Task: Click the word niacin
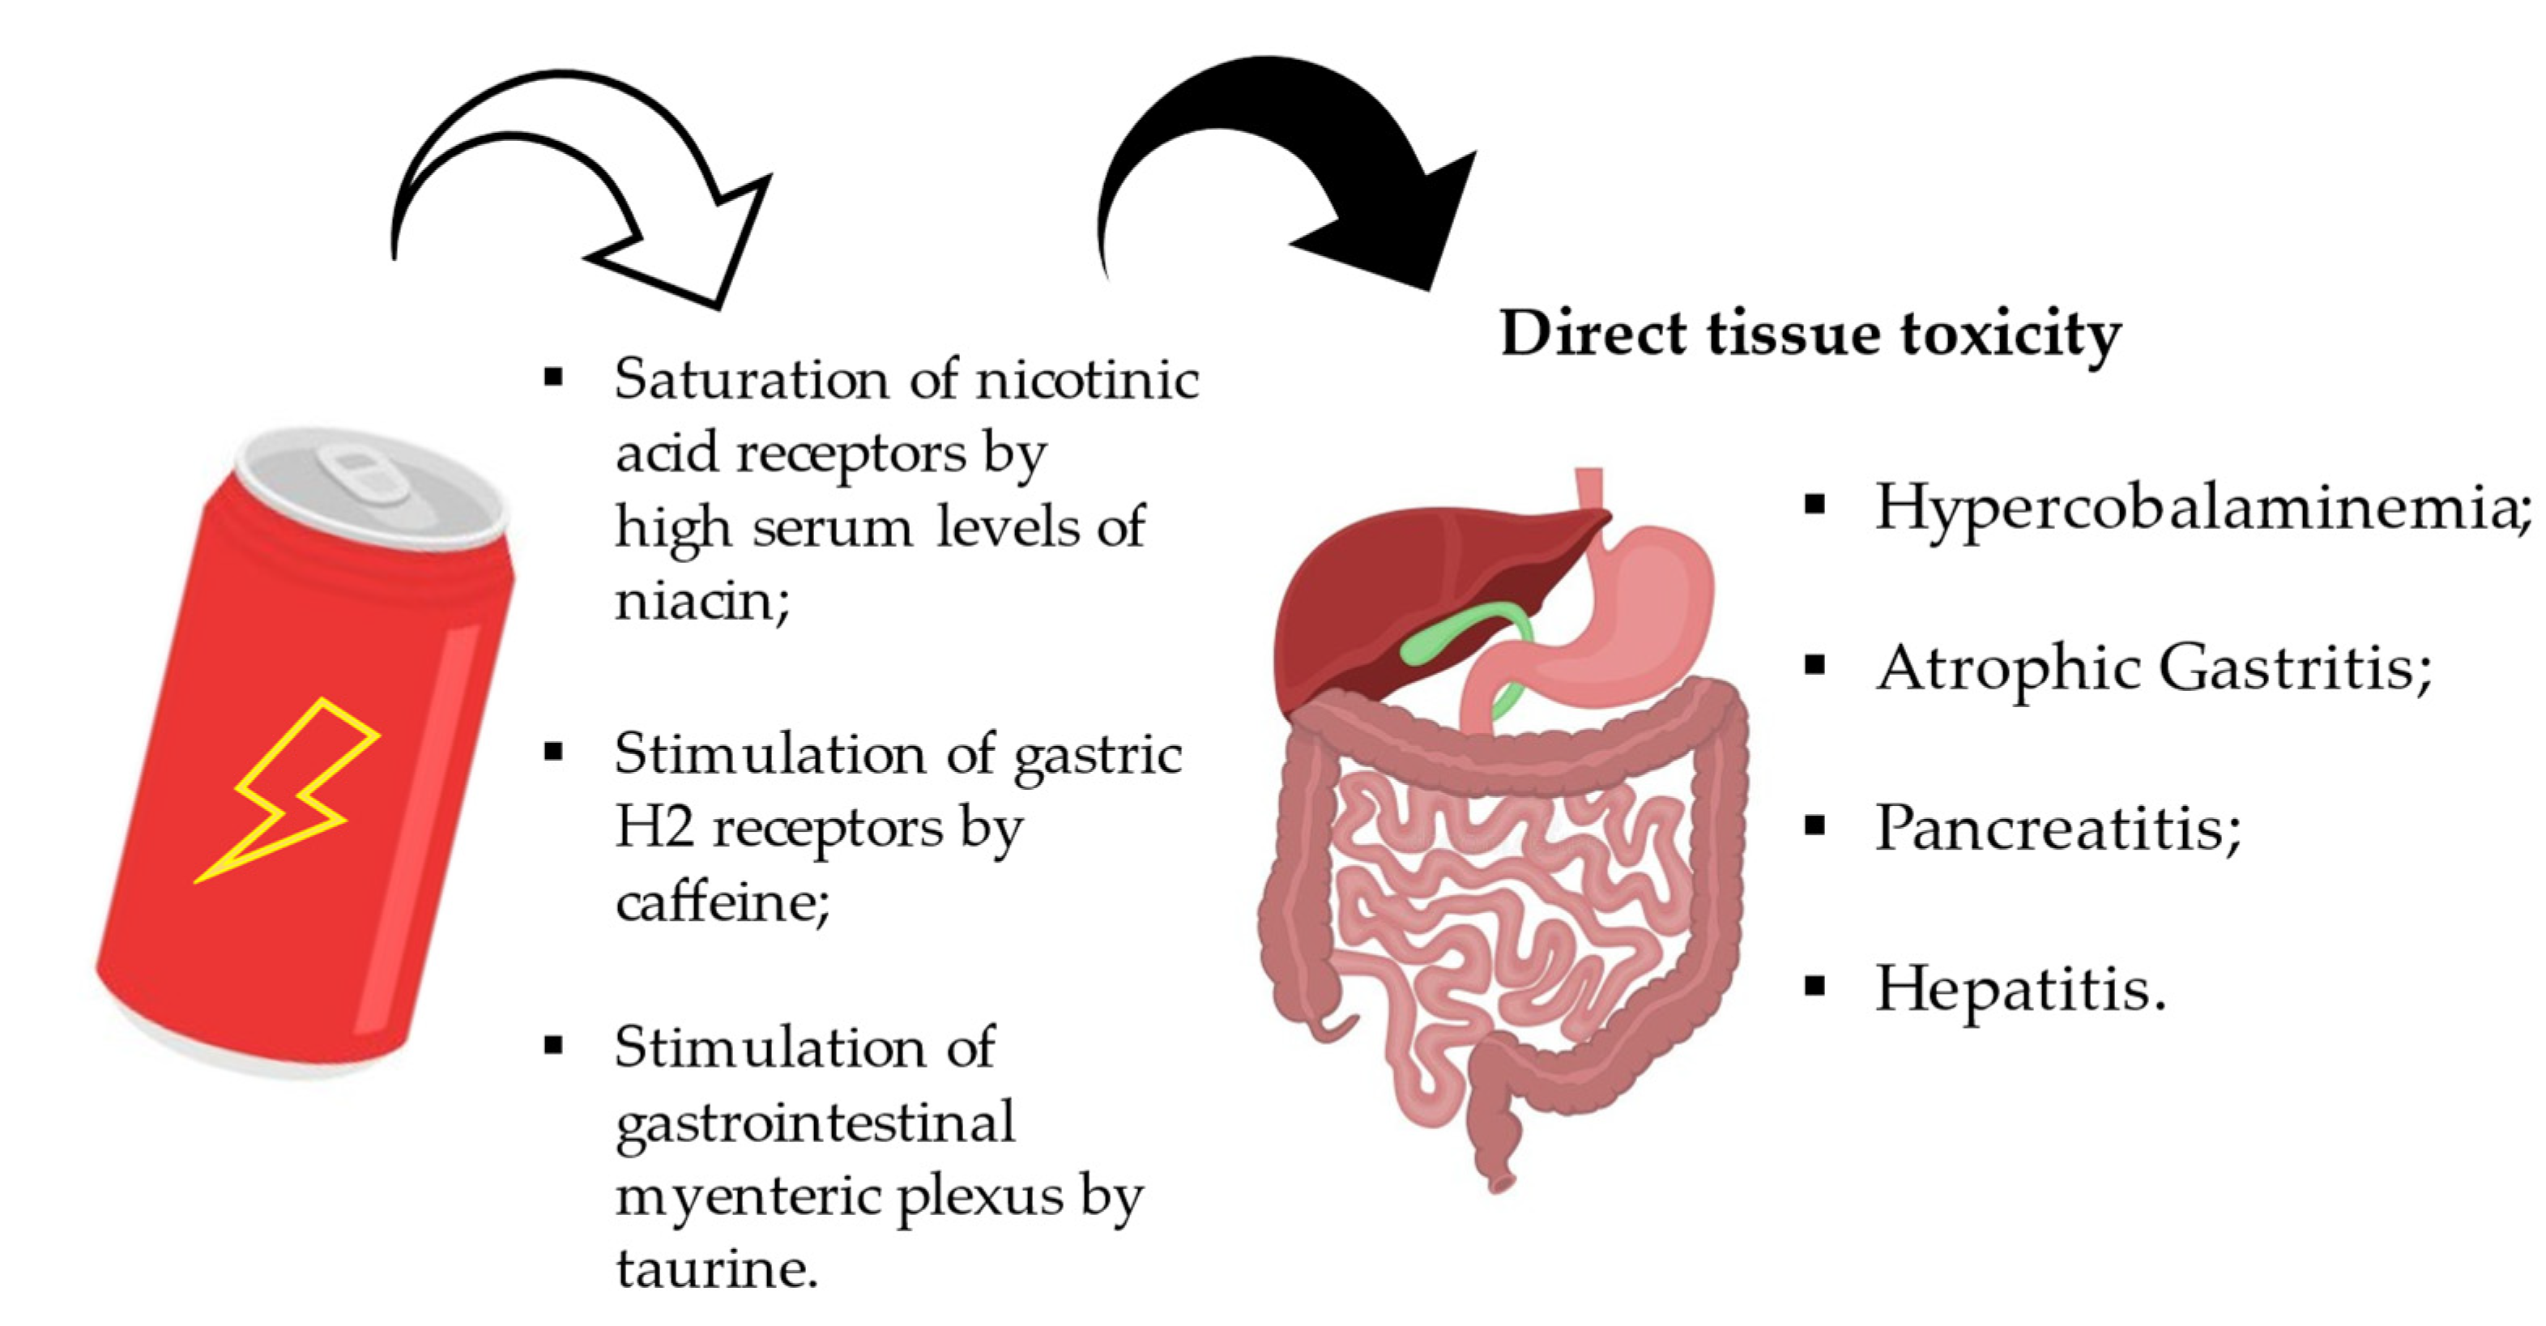coord(696,599)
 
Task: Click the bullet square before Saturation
coord(553,377)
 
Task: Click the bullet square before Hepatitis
coord(1814,986)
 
